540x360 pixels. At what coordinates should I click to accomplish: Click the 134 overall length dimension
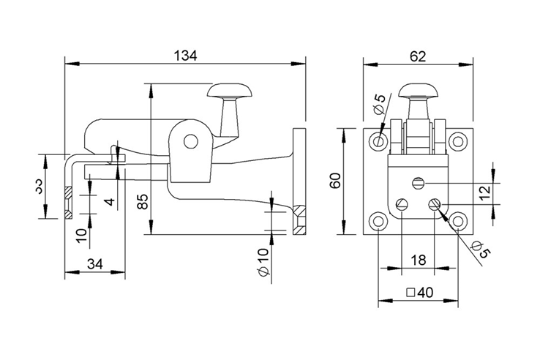click(185, 55)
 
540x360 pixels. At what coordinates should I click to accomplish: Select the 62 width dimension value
click(418, 54)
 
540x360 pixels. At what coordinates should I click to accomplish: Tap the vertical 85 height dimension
click(143, 202)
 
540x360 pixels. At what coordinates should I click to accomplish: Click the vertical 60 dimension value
click(336, 181)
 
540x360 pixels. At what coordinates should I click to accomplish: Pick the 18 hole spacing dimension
click(418, 260)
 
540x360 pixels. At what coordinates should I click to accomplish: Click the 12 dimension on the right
click(506, 192)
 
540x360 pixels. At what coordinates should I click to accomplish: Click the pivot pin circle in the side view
click(191, 140)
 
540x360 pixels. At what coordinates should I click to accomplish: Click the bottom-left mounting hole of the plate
click(379, 220)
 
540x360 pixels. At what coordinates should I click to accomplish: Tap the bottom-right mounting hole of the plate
click(458, 220)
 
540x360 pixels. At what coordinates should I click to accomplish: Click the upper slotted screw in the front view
click(419, 182)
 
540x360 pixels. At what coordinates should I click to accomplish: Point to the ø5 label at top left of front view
click(378, 103)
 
